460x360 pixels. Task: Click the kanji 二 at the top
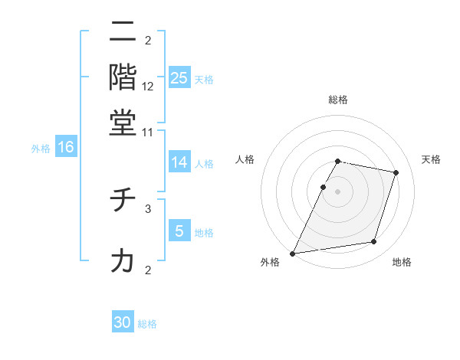pos(123,33)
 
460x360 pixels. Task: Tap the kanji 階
pos(123,78)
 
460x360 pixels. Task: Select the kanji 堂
pos(123,123)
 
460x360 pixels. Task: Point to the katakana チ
pos(123,201)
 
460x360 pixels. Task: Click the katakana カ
pos(123,261)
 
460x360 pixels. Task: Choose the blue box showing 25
pos(179,78)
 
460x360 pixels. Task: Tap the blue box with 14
pos(179,162)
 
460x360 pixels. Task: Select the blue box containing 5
pos(179,231)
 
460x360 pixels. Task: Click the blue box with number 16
pos(65,147)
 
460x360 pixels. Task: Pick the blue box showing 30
pos(123,322)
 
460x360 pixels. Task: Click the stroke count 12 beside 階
pos(148,87)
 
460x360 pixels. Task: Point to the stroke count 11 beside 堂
pos(148,132)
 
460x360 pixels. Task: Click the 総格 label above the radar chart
pos(337,100)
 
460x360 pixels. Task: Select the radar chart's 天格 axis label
pos(431,159)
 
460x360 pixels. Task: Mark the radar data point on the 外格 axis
pos(293,253)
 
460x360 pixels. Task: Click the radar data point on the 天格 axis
pos(396,172)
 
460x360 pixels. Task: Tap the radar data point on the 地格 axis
pos(373,242)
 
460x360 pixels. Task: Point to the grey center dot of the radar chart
pos(337,191)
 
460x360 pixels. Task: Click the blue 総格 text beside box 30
pos(147,324)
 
